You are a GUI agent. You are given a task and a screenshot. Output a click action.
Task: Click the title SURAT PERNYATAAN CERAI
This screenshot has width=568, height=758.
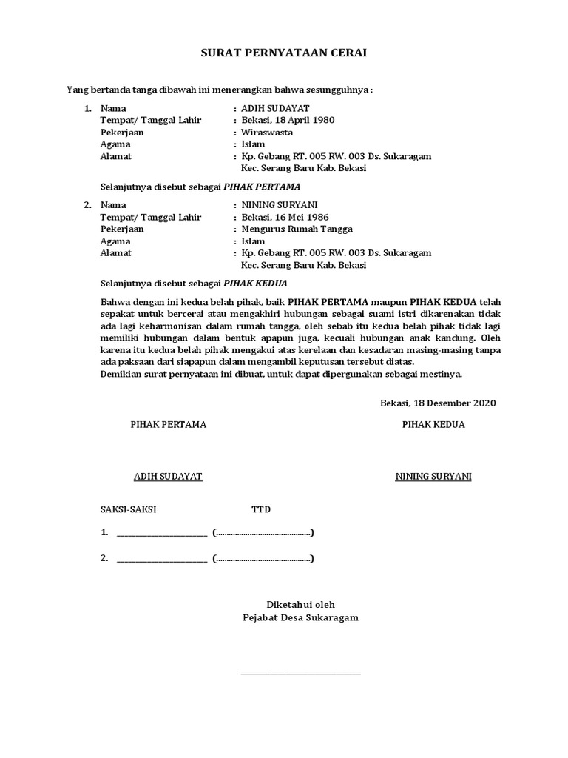click(284, 53)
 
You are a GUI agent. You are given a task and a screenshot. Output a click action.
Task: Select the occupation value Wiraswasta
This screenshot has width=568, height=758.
click(267, 133)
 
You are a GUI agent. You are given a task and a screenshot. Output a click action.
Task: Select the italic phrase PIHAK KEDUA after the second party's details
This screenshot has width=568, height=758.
click(256, 283)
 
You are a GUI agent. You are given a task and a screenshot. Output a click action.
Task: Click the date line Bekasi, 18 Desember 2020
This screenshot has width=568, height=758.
click(438, 403)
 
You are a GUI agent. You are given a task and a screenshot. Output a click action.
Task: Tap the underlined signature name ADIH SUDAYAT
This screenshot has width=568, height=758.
click(168, 477)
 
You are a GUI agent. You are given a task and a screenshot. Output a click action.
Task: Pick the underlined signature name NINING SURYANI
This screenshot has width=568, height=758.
click(433, 477)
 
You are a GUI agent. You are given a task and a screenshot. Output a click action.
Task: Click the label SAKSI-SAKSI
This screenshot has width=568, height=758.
click(129, 510)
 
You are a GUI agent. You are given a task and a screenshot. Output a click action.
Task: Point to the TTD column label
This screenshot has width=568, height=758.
click(261, 510)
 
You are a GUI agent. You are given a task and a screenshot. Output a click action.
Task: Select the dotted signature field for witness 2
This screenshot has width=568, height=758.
click(263, 559)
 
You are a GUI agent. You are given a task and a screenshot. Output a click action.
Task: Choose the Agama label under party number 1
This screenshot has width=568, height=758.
click(115, 144)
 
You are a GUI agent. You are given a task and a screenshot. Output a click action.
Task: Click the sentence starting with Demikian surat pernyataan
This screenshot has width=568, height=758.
click(281, 374)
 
